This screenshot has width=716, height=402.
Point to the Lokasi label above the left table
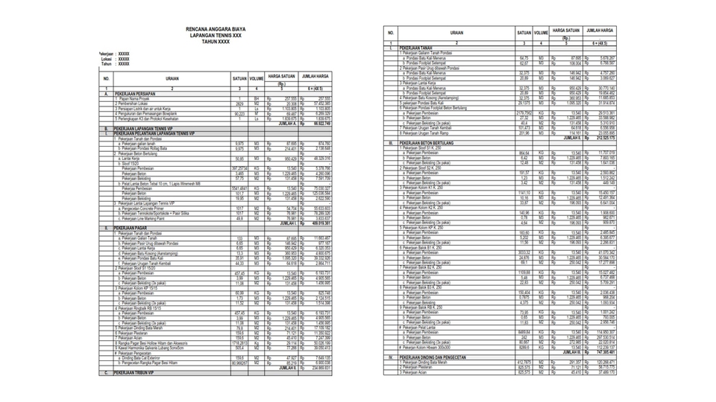[109, 59]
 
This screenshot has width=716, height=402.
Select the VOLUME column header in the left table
[257, 78]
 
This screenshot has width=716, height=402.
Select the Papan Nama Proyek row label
[135, 98]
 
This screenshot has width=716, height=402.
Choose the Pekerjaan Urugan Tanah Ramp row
[432, 133]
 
